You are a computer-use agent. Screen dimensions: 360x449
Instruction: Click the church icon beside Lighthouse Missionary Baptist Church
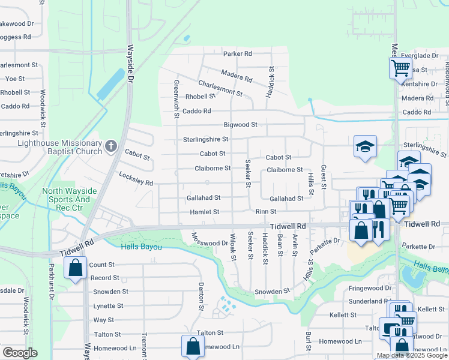point(110,146)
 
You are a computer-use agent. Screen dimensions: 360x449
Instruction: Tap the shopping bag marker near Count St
point(75,269)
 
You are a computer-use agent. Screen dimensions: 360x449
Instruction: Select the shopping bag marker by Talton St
point(192,346)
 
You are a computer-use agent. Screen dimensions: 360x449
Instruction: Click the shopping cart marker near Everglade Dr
point(400,67)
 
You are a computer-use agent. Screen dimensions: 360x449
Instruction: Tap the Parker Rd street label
point(238,53)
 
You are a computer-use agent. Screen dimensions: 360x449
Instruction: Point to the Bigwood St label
point(240,125)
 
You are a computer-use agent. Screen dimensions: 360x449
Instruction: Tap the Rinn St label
point(265,212)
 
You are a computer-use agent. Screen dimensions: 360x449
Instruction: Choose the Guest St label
point(323,177)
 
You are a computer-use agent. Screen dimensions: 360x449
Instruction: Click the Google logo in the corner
point(20,353)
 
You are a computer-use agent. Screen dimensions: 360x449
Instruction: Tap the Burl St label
point(308,341)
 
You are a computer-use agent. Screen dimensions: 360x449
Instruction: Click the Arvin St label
point(295,245)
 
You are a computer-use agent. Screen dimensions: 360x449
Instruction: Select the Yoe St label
point(14,79)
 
